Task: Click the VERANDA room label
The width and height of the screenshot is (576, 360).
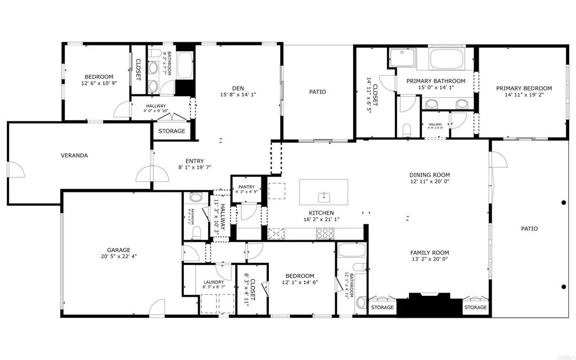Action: pos(74,155)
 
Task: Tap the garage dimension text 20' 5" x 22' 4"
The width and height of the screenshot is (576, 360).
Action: pos(119,256)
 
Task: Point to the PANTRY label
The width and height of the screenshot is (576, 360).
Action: pos(246,187)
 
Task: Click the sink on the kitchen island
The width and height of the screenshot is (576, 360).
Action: pos(323,196)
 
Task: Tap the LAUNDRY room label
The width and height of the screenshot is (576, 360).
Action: pos(213,282)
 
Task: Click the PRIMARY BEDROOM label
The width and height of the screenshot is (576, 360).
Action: pos(523,88)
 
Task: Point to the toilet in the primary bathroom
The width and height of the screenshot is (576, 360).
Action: pos(407,129)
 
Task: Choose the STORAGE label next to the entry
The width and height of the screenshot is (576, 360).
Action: pos(172,131)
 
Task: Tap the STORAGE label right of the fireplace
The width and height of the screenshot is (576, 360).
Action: pos(475,308)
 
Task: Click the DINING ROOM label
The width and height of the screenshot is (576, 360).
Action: pos(430,175)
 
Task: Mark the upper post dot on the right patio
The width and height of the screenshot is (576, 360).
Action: pos(564,202)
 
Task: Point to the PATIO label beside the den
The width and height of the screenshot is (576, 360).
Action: pos(317,92)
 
